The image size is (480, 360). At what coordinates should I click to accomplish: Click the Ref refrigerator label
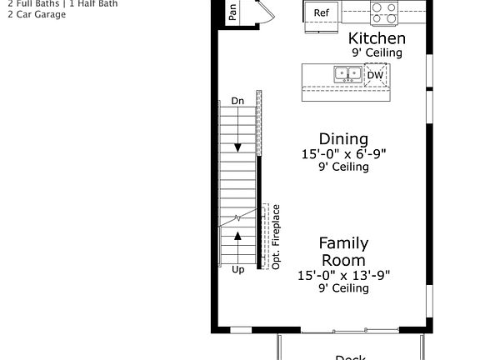click(x=321, y=12)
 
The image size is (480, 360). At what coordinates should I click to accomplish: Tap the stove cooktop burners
click(x=383, y=12)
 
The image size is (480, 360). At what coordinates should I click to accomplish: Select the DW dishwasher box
click(x=375, y=75)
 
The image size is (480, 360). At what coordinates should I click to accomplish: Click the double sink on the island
click(x=347, y=75)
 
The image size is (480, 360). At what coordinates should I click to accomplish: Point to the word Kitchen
click(x=377, y=38)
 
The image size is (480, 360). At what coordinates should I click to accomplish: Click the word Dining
click(x=343, y=138)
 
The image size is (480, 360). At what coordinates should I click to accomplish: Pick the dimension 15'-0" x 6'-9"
click(x=343, y=153)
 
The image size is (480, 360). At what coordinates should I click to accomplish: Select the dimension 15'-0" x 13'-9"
click(x=343, y=274)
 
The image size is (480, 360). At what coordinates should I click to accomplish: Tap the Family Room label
click(x=343, y=252)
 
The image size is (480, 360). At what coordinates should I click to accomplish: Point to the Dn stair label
click(x=237, y=101)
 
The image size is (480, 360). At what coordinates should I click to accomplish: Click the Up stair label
click(x=238, y=270)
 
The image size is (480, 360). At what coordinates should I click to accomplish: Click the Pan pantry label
click(x=232, y=11)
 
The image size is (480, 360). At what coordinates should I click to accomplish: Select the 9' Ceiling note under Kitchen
click(x=377, y=52)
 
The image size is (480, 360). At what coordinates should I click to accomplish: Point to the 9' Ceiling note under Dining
click(x=343, y=167)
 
